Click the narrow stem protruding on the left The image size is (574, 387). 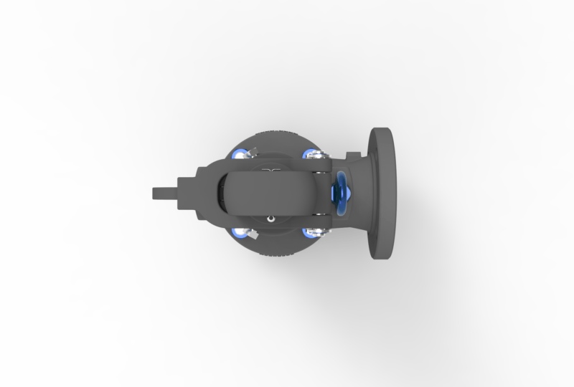click(x=163, y=193)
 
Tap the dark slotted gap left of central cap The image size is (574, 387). click(x=221, y=193)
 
